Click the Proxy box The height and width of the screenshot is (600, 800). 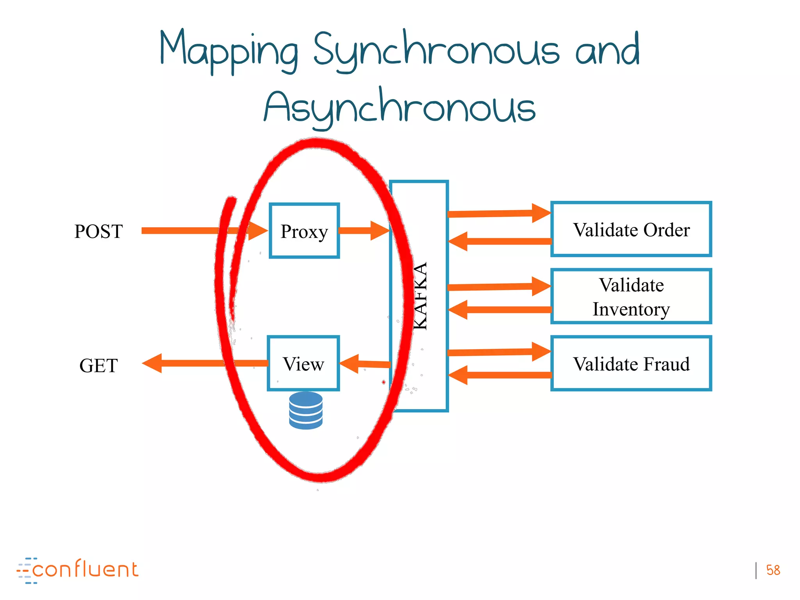(304, 231)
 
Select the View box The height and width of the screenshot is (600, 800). (303, 363)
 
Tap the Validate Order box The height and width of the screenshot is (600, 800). (631, 229)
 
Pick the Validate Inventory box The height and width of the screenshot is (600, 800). (631, 296)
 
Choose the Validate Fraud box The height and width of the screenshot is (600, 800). (631, 364)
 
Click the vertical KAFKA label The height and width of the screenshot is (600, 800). (420, 296)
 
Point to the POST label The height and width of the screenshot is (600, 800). (98, 231)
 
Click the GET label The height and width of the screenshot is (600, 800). (98, 366)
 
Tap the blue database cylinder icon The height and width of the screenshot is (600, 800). (306, 411)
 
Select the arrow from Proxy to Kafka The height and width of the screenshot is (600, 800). (363, 230)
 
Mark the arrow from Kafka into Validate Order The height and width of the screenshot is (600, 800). (498, 213)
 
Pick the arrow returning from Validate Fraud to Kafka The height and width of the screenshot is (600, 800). (500, 375)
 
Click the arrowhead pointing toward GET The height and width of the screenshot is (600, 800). (152, 363)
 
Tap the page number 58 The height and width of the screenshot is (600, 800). (773, 570)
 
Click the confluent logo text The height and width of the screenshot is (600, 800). (85, 570)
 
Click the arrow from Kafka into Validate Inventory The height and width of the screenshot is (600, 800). (498, 287)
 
